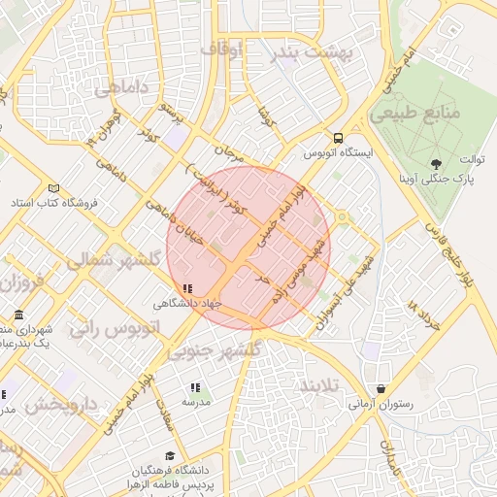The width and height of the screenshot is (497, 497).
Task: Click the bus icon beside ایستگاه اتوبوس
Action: pos(338,138)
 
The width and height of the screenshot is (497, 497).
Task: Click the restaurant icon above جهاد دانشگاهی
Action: pos(187,288)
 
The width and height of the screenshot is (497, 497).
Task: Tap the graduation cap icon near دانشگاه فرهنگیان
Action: pos(170,455)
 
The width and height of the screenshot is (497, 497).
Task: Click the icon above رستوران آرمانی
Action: pos(380,388)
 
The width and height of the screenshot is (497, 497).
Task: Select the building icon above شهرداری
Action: pos(20,316)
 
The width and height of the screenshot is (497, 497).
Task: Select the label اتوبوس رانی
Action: pos(106,327)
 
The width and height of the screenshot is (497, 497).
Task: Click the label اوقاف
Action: pos(223,46)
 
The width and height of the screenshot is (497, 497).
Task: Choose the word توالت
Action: pos(471,159)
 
